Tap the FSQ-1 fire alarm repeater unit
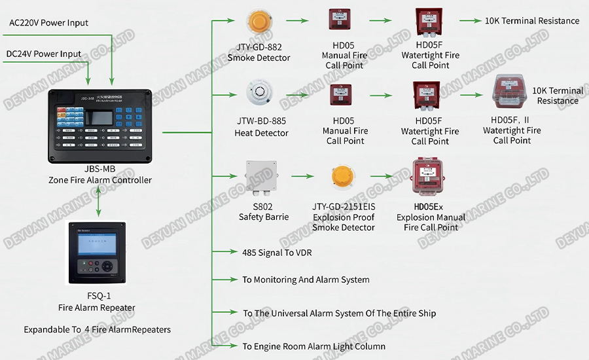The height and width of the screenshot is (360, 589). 97,253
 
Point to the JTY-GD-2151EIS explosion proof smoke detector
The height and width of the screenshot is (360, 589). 343,176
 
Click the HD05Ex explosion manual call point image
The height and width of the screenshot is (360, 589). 429,177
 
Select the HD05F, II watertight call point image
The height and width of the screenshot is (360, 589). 512,95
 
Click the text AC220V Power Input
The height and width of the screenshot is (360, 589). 48,23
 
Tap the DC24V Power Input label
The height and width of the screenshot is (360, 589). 44,54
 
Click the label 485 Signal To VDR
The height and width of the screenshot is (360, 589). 277,252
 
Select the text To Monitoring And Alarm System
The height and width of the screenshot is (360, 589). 306,280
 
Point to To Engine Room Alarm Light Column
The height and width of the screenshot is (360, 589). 313,346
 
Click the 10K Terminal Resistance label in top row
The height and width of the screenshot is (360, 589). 531,21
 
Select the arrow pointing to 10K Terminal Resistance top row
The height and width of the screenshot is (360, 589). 471,21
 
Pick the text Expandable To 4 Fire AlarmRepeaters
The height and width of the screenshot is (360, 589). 97,329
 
